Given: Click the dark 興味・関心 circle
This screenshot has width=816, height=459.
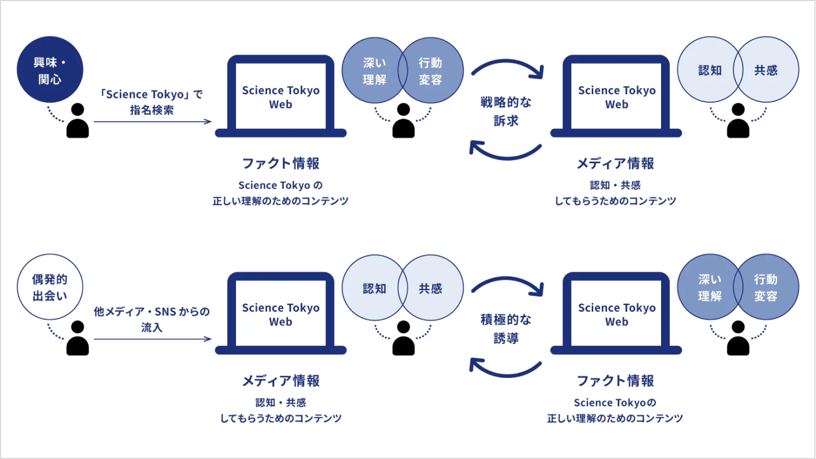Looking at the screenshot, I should coord(50,70).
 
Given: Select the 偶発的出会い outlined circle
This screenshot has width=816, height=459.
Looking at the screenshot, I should coord(50,287).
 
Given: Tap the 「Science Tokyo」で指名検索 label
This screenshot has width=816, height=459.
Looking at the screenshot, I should coord(152,102).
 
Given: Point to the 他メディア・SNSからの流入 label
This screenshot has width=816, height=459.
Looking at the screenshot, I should coord(152,319).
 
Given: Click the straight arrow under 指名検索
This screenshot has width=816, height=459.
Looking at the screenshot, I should coord(152,121).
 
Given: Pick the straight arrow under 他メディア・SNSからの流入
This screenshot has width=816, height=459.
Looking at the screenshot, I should coord(152,339).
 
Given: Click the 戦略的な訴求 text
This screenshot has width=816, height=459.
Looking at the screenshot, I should coord(506,111).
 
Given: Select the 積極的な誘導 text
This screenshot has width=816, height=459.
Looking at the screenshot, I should coord(506,328).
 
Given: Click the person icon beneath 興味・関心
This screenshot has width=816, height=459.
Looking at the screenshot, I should coord(78,121).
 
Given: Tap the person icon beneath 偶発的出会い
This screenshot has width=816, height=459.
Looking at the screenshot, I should coord(78,338).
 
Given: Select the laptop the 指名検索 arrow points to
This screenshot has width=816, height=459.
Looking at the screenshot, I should coord(281,97).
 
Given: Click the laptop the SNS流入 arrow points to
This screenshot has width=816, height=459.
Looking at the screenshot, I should coord(281,314).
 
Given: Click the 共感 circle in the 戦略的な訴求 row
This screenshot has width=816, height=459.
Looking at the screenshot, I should coord(769,70).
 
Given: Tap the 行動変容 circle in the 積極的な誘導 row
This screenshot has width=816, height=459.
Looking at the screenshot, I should coord(769,287).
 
